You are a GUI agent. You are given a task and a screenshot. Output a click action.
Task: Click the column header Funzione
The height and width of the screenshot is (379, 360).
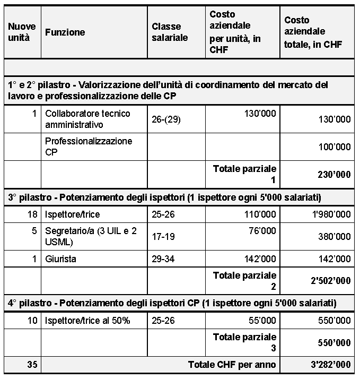(65, 32)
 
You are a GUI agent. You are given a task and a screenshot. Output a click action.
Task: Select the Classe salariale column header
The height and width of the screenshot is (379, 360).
(170, 32)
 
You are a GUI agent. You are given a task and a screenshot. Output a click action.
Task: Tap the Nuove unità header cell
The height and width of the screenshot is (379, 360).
(22, 32)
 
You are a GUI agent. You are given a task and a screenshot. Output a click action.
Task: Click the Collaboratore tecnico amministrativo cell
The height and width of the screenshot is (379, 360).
(87, 119)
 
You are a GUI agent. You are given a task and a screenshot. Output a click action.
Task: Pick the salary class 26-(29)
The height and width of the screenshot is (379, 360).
(166, 119)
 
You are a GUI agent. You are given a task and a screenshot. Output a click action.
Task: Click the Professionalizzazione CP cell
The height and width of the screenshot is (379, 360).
(89, 147)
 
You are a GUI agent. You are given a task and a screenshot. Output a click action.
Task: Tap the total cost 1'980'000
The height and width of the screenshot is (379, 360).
(327, 214)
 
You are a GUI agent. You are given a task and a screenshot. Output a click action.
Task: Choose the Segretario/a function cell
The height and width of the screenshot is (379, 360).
(90, 237)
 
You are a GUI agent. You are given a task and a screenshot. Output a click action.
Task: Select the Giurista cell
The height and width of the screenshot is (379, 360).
(60, 259)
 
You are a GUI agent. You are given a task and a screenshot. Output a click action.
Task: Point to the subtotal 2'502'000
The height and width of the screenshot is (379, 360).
(327, 281)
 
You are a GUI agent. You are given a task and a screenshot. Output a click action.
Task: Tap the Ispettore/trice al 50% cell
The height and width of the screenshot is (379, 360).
(87, 321)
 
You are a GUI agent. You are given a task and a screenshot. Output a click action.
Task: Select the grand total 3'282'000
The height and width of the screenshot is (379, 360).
(327, 365)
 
